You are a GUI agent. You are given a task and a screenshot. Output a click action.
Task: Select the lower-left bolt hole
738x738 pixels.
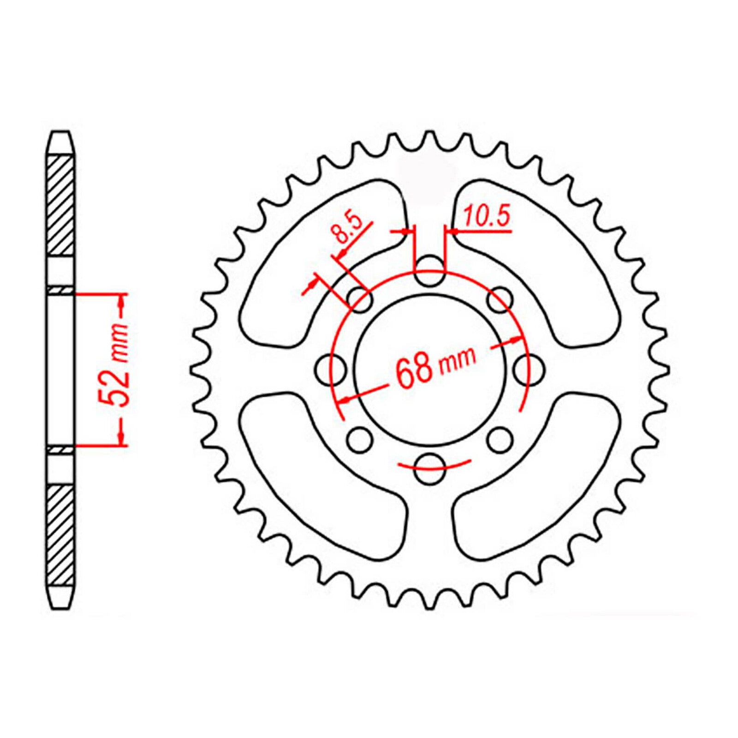click(x=360, y=440)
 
